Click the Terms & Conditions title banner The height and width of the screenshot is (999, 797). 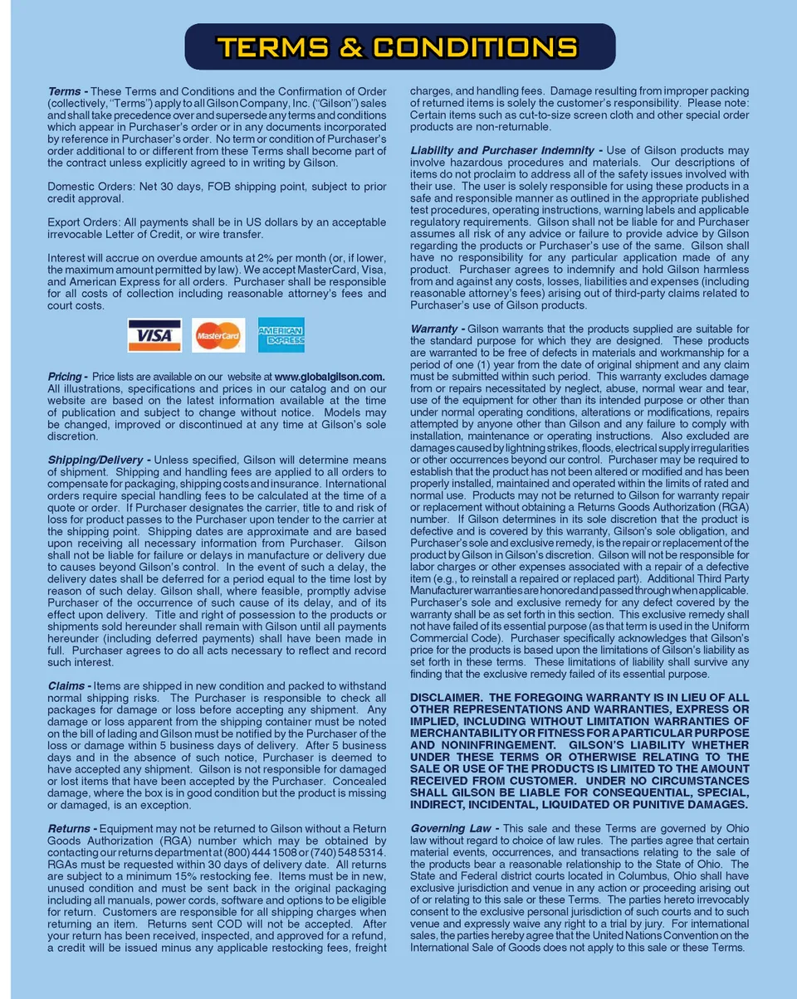pyautogui.click(x=399, y=46)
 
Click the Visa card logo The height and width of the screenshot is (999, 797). pyautogui.click(x=154, y=335)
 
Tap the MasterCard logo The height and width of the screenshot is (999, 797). pyautogui.click(x=218, y=335)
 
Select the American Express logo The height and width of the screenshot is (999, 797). pyautogui.click(x=281, y=335)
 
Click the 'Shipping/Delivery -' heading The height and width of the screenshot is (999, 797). pyautogui.click(x=99, y=461)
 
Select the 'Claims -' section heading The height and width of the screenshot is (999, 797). pyautogui.click(x=69, y=686)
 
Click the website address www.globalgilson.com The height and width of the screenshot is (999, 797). pyautogui.click(x=330, y=377)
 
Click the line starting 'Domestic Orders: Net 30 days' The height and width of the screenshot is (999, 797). pyautogui.click(x=216, y=187)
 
